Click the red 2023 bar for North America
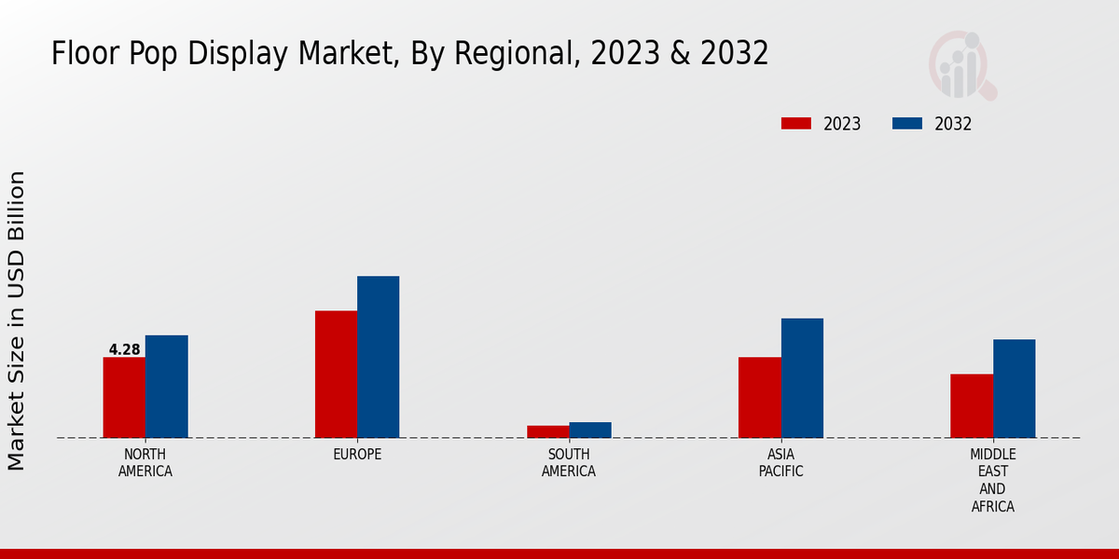(x=124, y=397)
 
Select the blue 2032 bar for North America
(x=166, y=386)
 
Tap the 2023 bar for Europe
(x=336, y=374)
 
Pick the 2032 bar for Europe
(x=378, y=357)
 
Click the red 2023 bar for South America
(x=547, y=431)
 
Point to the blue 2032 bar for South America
(x=590, y=429)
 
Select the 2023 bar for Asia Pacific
(x=759, y=397)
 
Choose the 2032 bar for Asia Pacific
(x=802, y=377)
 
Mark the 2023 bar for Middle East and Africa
(x=972, y=405)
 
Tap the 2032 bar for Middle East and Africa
(x=1014, y=388)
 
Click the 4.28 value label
(x=124, y=350)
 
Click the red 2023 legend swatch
(x=795, y=124)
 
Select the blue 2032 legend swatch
(x=907, y=124)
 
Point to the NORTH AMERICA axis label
(x=145, y=463)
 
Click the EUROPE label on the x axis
(x=357, y=455)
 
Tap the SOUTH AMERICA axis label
(x=569, y=463)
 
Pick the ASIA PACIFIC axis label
(x=781, y=463)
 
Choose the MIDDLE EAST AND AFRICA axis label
(x=992, y=481)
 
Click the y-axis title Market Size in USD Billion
(x=17, y=320)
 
